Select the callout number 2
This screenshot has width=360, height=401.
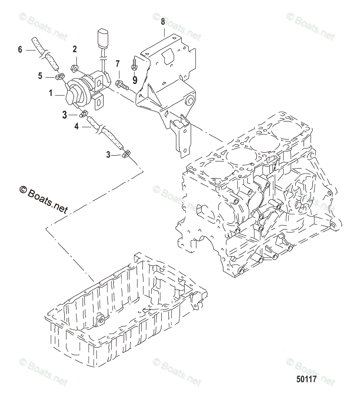75,50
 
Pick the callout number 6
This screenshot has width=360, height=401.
20,50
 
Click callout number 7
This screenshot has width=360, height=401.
118,64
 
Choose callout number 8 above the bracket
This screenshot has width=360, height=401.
162,21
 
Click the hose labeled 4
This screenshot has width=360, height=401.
106,134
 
